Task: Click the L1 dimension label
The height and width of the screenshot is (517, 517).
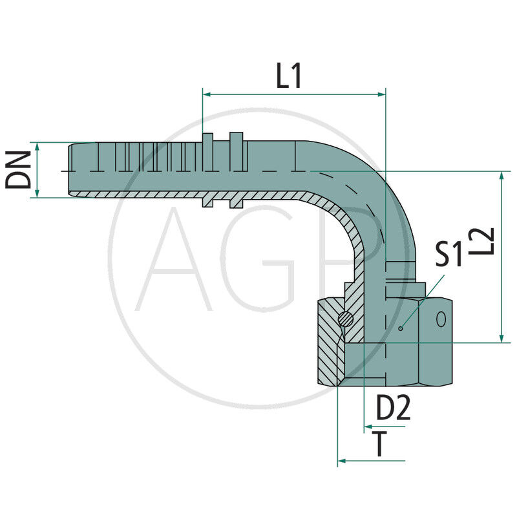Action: click(x=289, y=76)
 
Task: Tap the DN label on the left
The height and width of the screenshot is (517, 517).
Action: click(x=19, y=170)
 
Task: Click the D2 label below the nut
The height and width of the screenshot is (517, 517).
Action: click(x=393, y=408)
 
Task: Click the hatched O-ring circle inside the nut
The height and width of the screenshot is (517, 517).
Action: click(x=347, y=318)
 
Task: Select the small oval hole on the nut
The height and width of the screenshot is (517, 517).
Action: click(x=441, y=319)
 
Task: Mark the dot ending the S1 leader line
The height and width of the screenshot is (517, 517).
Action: click(x=401, y=328)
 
